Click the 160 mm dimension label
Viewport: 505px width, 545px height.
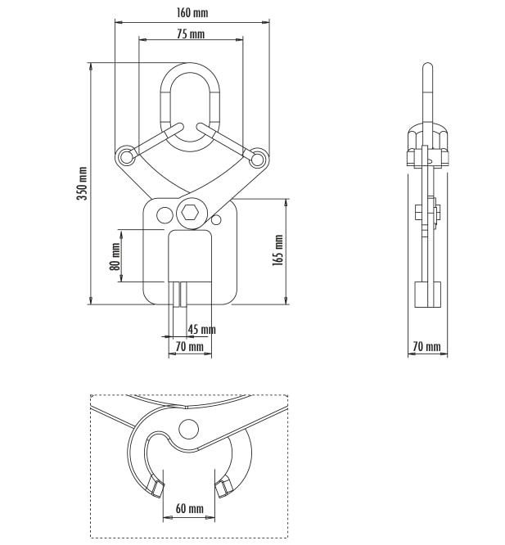pos(192,13)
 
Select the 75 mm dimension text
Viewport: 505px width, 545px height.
pos(191,34)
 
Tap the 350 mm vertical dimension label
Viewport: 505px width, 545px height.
pos(82,183)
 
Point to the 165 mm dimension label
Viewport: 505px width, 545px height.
pos(277,250)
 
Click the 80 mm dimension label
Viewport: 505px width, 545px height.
pos(115,256)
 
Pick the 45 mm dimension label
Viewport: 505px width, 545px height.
pos(201,329)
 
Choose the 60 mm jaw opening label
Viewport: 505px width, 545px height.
pos(189,508)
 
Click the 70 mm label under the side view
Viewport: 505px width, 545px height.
pos(426,346)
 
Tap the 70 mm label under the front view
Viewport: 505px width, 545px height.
pos(189,346)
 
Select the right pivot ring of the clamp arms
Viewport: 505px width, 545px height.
pos(258,158)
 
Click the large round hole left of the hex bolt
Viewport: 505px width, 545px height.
pos(165,215)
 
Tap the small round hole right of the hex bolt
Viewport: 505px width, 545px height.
pos(216,220)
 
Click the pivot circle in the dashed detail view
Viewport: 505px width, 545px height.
pos(189,430)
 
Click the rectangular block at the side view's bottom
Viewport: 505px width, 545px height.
pos(428,295)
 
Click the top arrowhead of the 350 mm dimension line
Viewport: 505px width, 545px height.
pos(91,66)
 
